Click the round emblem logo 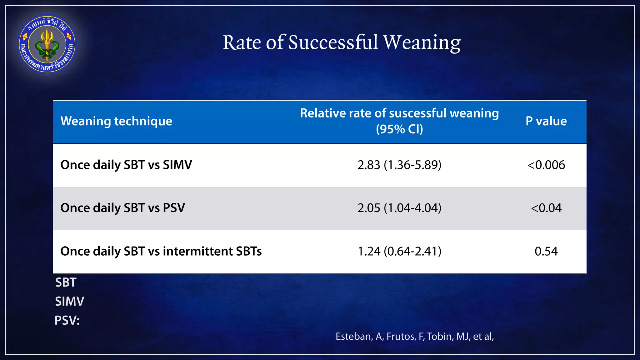click(x=47, y=44)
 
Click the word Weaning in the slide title click(x=422, y=42)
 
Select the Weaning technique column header click(x=116, y=121)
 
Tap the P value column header click(x=546, y=121)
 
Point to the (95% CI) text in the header click(x=399, y=129)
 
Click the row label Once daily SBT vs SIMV click(x=126, y=165)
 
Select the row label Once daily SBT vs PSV click(x=122, y=208)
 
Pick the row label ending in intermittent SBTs click(x=161, y=251)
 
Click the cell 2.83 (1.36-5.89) click(x=399, y=165)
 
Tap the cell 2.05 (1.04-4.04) click(x=399, y=208)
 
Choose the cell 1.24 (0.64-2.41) click(x=399, y=251)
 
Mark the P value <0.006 click(x=546, y=165)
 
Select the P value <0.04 click(x=546, y=208)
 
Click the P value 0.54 click(x=546, y=251)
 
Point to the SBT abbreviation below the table click(x=66, y=282)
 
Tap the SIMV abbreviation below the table click(x=69, y=302)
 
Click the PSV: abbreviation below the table click(x=67, y=321)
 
